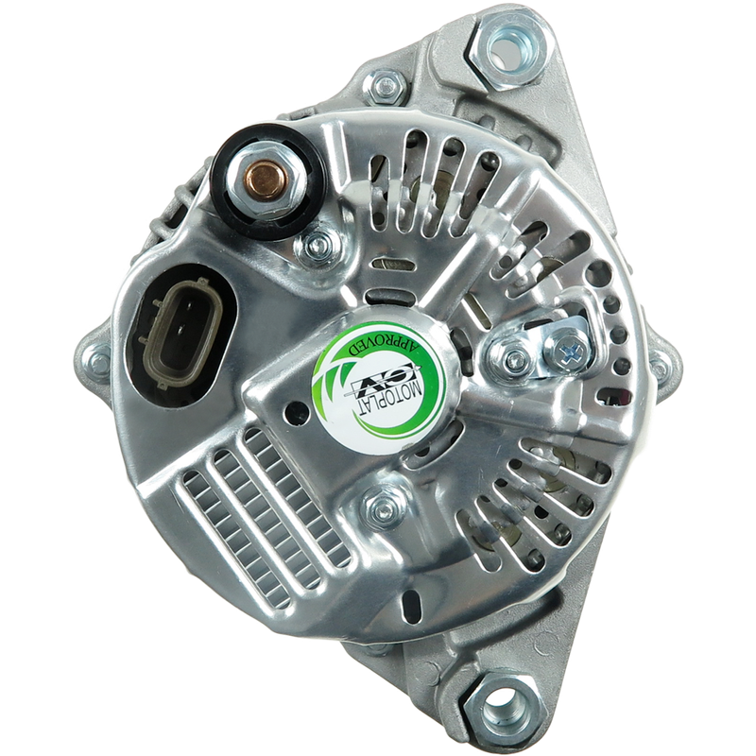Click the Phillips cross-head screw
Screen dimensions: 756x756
tap(573, 346)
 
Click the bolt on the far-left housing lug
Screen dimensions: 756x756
tap(100, 359)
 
